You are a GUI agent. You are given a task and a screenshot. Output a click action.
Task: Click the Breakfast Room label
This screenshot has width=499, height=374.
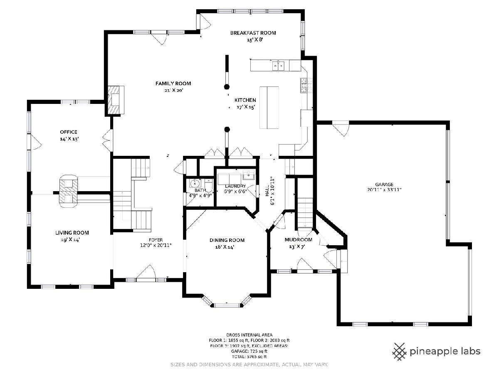(253, 33)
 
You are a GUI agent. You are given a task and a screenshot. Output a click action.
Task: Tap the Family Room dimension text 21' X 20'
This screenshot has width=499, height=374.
(174, 90)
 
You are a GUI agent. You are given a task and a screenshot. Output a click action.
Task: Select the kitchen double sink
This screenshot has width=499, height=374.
(278, 66)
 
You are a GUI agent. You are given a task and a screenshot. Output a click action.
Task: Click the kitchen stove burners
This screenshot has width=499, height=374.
(304, 85)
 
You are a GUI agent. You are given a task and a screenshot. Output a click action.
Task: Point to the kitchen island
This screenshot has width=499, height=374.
(269, 108)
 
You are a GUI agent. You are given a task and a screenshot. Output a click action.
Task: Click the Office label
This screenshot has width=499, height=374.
(69, 132)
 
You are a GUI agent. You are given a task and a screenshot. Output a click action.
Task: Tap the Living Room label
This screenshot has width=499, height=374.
(72, 233)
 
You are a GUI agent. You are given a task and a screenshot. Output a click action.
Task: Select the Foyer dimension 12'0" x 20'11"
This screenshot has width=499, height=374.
(156, 245)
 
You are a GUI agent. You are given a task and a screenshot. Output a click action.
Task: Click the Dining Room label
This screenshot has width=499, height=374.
(227, 240)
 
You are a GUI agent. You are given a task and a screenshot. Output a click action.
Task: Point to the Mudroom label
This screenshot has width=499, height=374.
(298, 240)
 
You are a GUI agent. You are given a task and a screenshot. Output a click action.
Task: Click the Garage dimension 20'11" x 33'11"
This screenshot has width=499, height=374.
(384, 190)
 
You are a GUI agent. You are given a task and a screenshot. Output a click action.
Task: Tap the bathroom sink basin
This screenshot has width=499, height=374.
(195, 183)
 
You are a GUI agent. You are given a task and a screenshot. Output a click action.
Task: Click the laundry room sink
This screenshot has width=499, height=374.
(249, 175)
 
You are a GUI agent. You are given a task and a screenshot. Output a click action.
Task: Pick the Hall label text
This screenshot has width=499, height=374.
(267, 191)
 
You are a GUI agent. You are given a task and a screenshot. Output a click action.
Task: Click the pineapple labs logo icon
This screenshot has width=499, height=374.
(400, 351)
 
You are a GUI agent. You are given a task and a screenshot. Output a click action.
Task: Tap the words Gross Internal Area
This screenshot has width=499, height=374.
(249, 335)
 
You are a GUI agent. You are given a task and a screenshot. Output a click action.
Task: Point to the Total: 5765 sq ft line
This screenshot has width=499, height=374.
(249, 357)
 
